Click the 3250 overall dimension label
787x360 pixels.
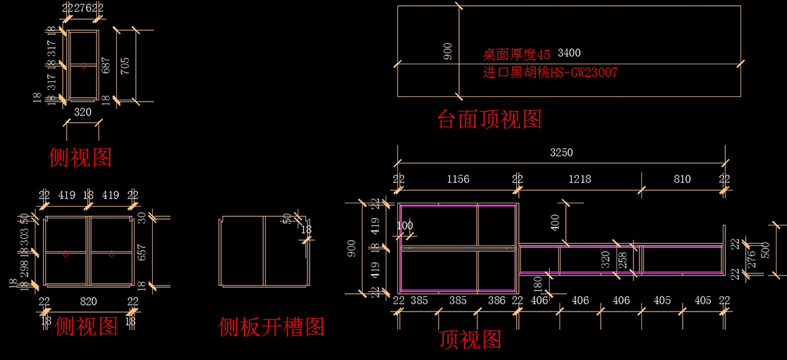coord(561,153)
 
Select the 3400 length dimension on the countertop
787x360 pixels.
coord(569,52)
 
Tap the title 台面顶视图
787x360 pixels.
coord(489,119)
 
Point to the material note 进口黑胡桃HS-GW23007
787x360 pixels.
coord(550,73)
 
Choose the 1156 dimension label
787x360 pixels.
coord(458,179)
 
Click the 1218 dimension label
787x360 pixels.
coord(579,179)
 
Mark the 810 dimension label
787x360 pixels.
coord(682,179)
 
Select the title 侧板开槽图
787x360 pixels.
coord(272,326)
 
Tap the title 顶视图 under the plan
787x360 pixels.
coord(470,340)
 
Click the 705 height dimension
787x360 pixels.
coord(125,66)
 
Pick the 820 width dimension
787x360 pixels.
coord(88,302)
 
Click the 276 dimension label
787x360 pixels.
coord(752,260)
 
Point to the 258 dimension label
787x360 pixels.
coord(622,260)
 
